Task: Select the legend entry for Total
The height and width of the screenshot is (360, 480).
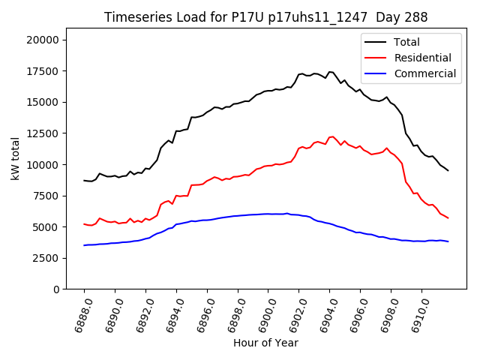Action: click(406, 42)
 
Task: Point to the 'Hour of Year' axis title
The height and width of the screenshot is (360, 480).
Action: click(265, 343)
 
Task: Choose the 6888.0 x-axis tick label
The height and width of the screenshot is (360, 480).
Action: click(79, 315)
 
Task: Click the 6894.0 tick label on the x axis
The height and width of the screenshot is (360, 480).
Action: click(171, 315)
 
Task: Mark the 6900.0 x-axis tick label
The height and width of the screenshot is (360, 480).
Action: click(262, 315)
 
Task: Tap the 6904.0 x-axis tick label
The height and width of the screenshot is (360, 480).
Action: click(324, 315)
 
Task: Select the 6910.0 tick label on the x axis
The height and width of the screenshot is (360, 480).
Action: click(416, 315)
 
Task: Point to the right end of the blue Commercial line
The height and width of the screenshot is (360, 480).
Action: click(448, 241)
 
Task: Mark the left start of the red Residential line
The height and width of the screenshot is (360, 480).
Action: click(84, 224)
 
